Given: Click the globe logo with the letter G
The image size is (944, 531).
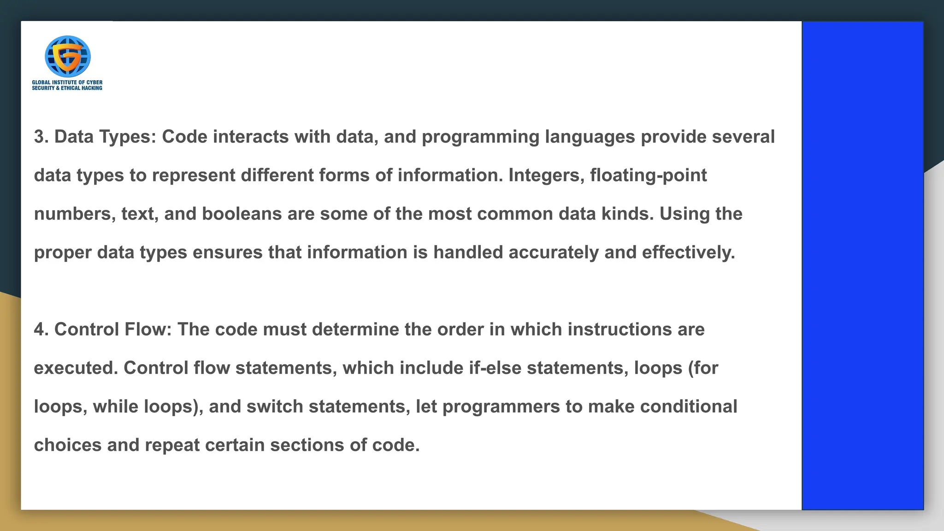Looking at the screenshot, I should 67,56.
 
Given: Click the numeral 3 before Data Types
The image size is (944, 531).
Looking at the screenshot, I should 39,137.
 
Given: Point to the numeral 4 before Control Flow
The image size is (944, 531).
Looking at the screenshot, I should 39,330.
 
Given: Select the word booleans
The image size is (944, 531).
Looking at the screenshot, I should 242,214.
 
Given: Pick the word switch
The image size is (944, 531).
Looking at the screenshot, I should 275,407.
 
